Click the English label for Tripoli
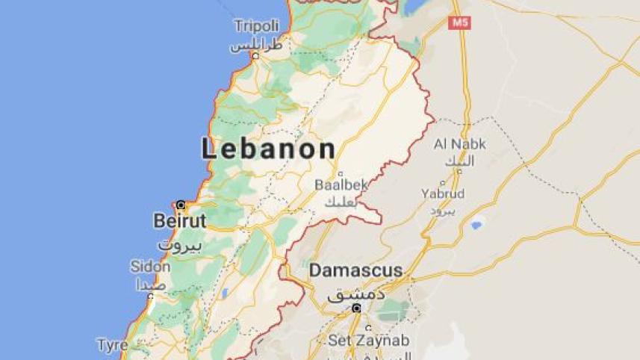click(x=256, y=26)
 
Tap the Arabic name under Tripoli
click(x=256, y=45)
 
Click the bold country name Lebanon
click(x=268, y=149)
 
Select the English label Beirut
click(x=179, y=221)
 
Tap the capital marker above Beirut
click(x=180, y=204)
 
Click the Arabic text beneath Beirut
click(x=180, y=243)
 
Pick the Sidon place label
click(x=151, y=267)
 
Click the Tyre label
click(x=112, y=345)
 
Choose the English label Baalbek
click(x=340, y=184)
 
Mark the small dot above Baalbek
click(x=341, y=173)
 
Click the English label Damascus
click(x=355, y=270)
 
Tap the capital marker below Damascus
click(x=357, y=308)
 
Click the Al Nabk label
click(x=460, y=145)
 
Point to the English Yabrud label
click(x=443, y=193)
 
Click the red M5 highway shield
click(x=459, y=22)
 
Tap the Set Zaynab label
click(x=369, y=341)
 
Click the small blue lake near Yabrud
click(x=476, y=223)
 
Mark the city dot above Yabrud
click(x=443, y=182)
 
